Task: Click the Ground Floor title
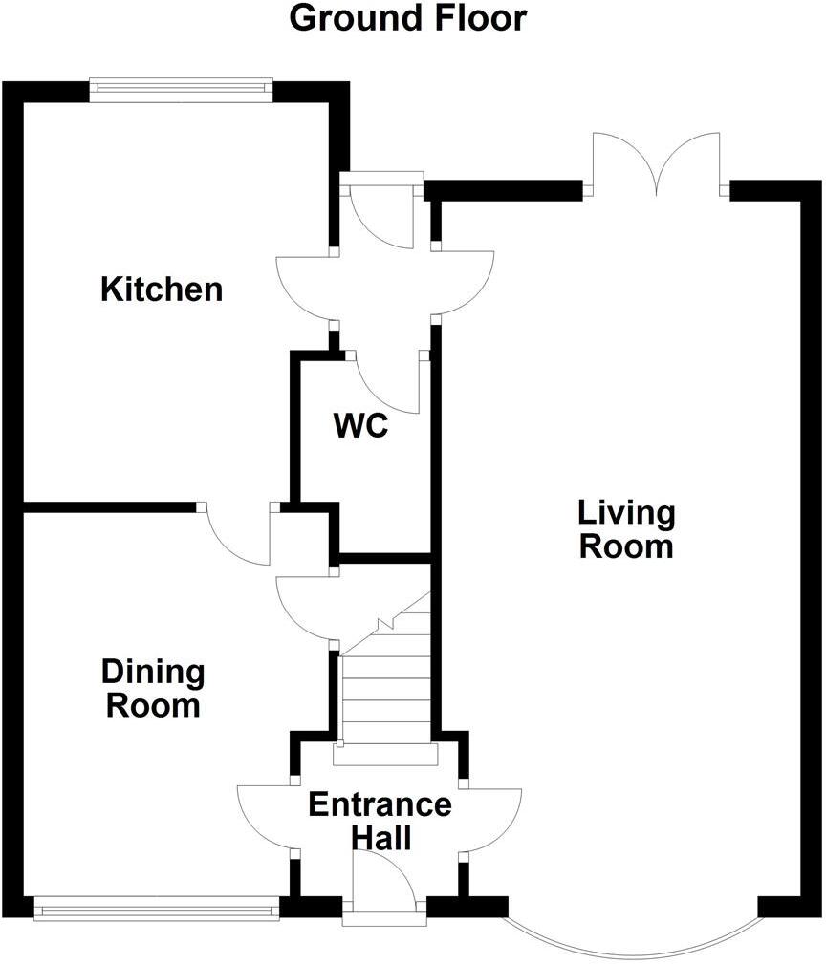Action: (407, 18)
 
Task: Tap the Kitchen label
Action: (162, 289)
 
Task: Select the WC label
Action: (360, 425)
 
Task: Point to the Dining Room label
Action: (153, 689)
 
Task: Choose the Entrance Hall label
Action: (380, 821)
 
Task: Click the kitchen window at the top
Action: (181, 90)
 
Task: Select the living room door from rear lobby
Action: (465, 283)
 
